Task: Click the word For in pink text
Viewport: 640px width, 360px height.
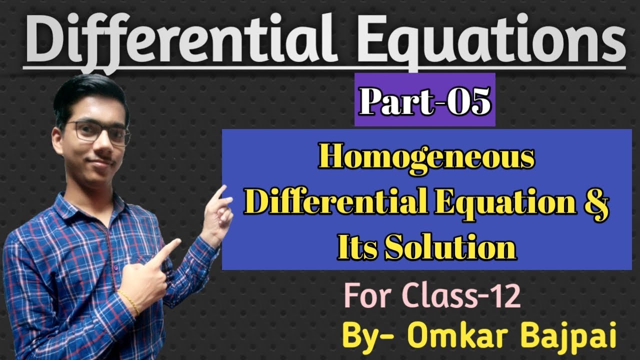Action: click(x=367, y=299)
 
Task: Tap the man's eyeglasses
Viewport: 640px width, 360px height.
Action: click(x=100, y=131)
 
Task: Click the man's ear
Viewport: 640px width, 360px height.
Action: click(x=62, y=135)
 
